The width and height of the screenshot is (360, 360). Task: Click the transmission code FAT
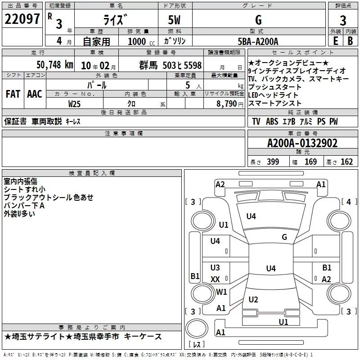12,94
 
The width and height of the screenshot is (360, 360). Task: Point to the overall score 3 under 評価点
343,20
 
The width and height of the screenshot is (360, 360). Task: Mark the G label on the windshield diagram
284,237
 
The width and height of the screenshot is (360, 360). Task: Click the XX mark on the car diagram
215,279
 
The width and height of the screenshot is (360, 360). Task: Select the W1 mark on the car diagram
221,292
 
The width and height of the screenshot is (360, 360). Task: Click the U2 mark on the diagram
253,300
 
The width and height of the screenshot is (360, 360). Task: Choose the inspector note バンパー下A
24,206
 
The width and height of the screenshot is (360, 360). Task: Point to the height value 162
346,162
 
